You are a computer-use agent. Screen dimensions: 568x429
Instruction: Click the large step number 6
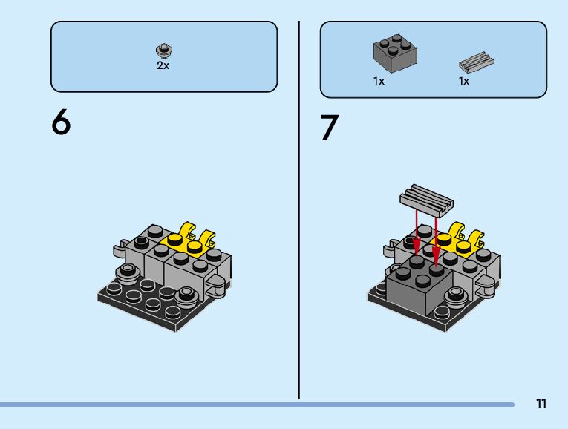[61, 122]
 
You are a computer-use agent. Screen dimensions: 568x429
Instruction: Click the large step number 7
[330, 128]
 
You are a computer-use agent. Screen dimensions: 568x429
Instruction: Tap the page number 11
[541, 404]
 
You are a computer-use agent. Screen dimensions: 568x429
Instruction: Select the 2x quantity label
[163, 65]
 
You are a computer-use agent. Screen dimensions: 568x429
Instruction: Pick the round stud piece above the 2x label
[163, 50]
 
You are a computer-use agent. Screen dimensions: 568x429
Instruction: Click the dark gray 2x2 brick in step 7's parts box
[394, 53]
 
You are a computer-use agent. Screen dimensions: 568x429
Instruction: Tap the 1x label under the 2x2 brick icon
[379, 82]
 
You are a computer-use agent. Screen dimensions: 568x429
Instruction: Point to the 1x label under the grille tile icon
[464, 82]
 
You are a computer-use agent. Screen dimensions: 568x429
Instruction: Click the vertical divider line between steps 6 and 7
[299, 208]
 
